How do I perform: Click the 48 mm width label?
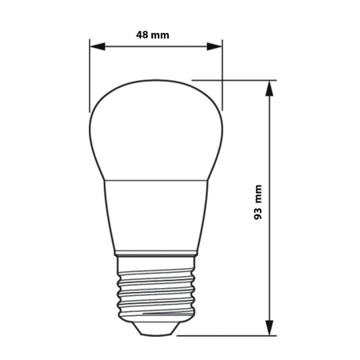(x=153, y=35)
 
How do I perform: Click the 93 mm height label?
(x=258, y=206)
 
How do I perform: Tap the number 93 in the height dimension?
(x=258, y=216)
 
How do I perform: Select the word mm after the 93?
(x=258, y=195)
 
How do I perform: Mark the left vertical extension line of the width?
(x=90, y=76)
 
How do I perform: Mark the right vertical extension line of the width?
(x=221, y=76)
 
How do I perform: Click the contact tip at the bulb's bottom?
(x=155, y=328)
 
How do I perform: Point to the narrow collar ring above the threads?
(x=155, y=258)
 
